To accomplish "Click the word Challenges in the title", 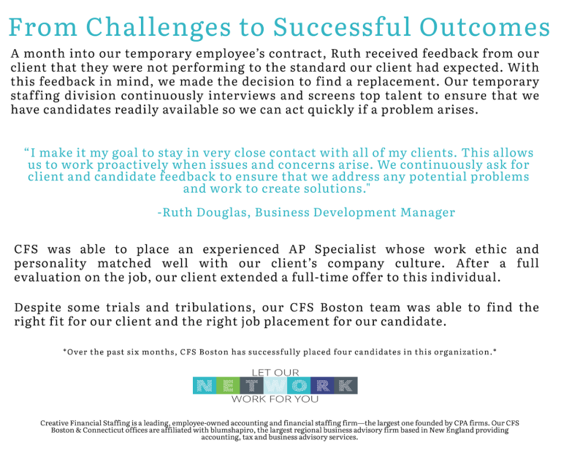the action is click(x=158, y=28).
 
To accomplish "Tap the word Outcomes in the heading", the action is click(x=485, y=27).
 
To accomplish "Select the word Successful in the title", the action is click(x=342, y=27).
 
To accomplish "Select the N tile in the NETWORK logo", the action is click(x=205, y=386).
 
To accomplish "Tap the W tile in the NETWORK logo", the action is click(x=275, y=386).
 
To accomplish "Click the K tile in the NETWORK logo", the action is click(x=346, y=386).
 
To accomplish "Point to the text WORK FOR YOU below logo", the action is click(x=275, y=400).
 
